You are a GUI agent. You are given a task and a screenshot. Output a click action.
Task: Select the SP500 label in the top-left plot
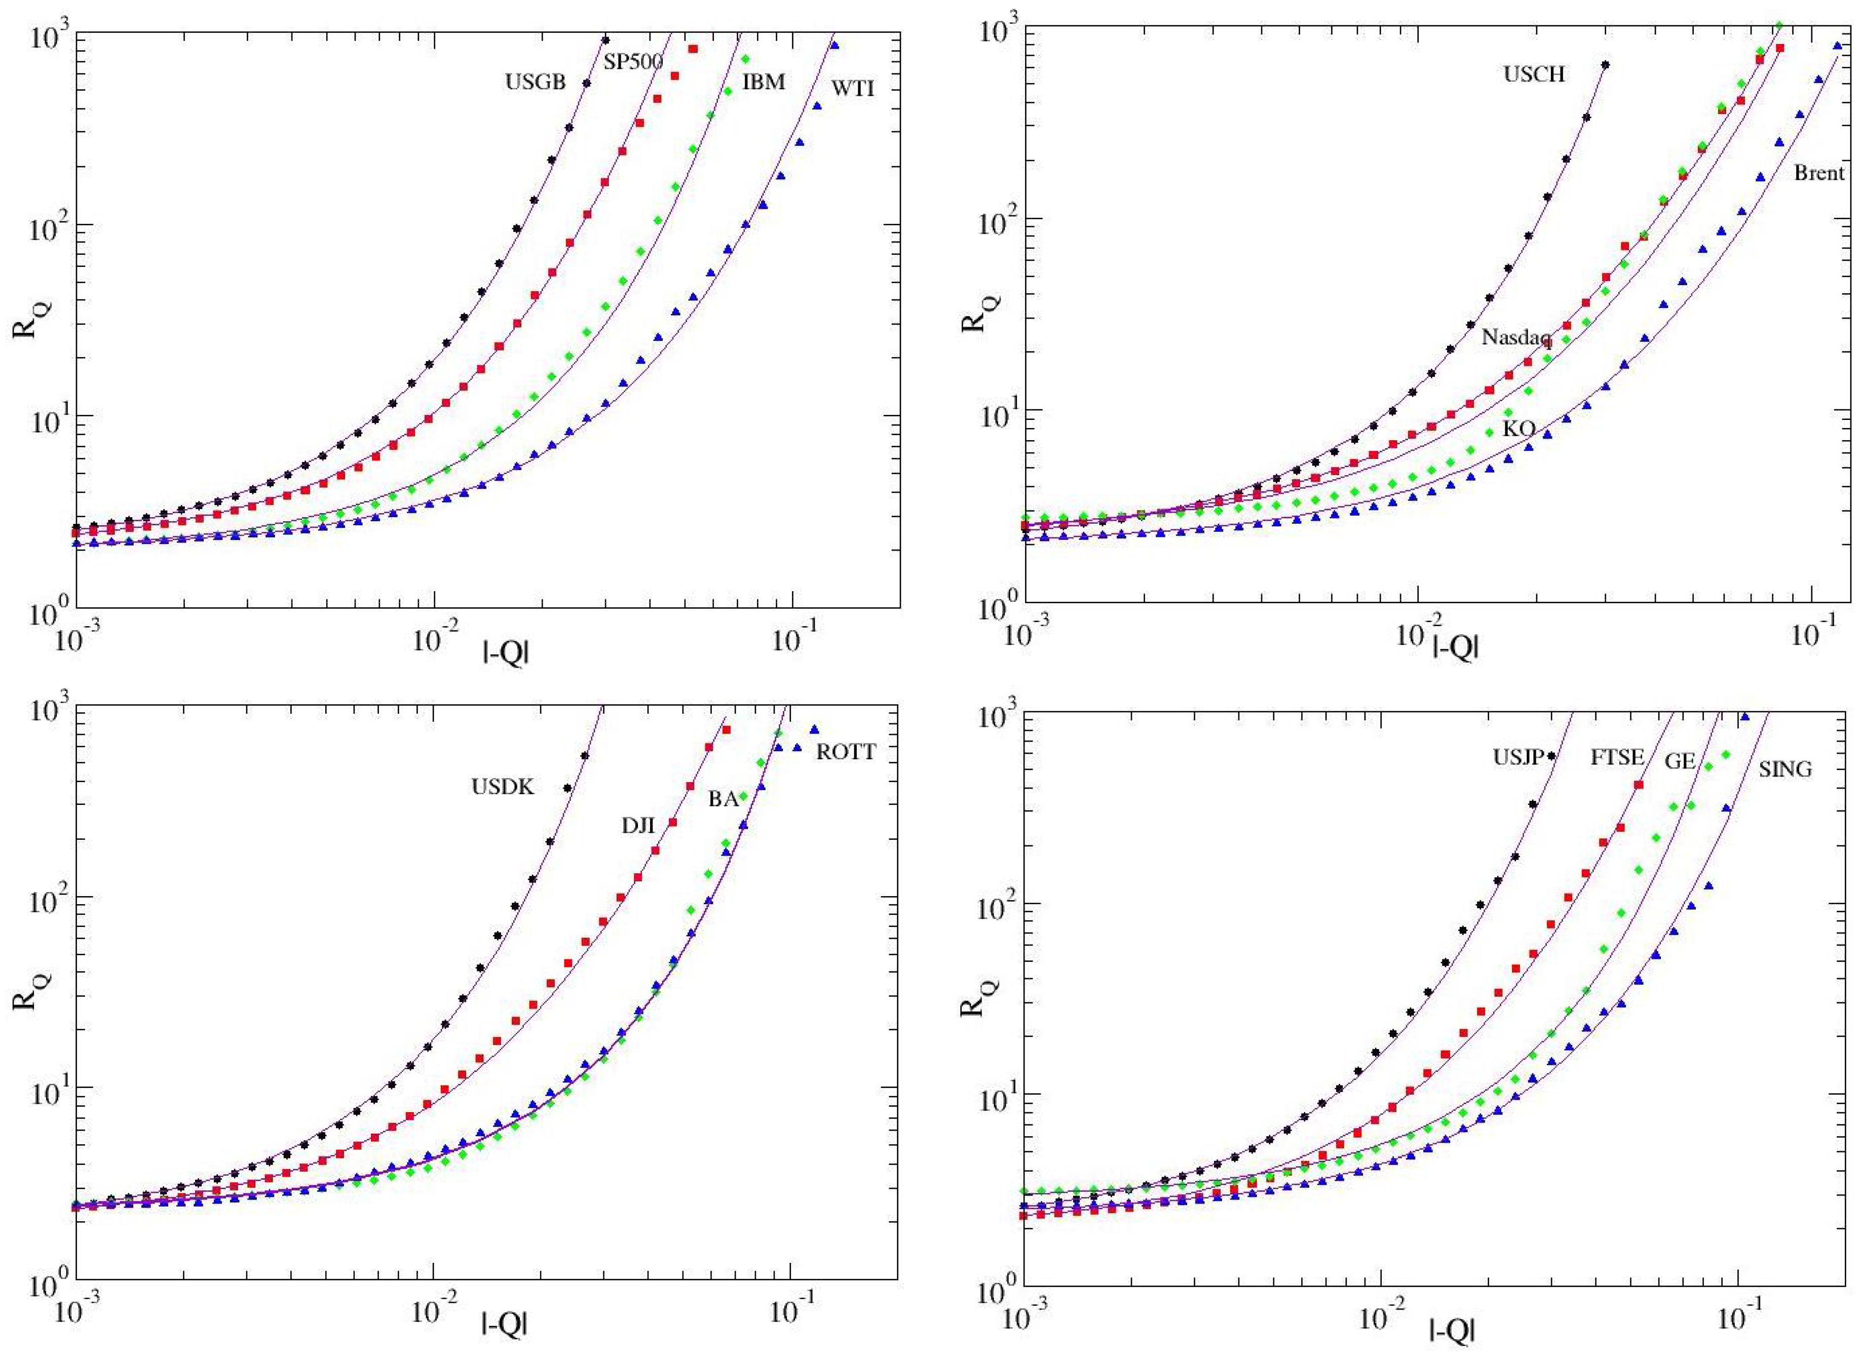[x=633, y=62]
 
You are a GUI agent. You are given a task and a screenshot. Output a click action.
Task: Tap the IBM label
[x=764, y=82]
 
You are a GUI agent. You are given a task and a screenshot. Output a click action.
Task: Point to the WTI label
[x=853, y=89]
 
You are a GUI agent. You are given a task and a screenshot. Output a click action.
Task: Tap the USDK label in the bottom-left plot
[x=502, y=787]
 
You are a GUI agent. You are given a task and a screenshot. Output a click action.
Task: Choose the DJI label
[x=638, y=826]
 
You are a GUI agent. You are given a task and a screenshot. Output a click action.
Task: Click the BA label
[x=723, y=799]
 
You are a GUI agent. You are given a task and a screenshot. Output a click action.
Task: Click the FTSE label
[x=1617, y=758]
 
